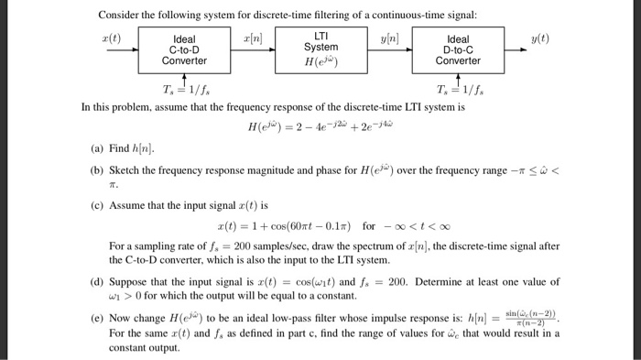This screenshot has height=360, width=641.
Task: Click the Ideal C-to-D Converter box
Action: coord(184,51)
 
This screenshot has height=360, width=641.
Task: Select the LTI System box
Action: coord(320,49)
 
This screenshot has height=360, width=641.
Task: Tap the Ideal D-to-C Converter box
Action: coord(457,51)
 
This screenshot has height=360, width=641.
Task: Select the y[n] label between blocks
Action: coord(390,38)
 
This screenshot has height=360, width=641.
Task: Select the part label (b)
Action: coord(97,170)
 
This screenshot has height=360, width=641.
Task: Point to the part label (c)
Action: coord(97,205)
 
